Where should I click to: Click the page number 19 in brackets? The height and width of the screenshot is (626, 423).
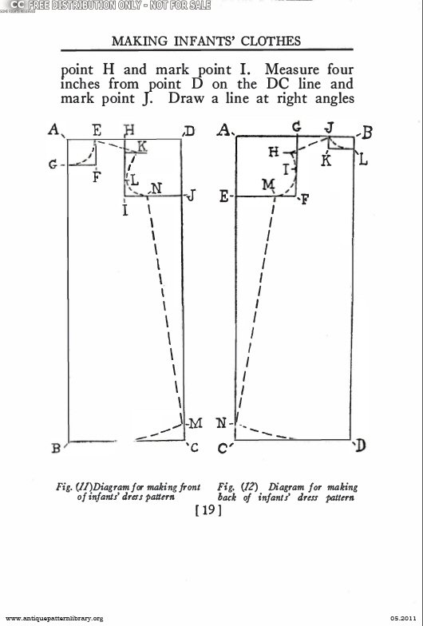coord(208,509)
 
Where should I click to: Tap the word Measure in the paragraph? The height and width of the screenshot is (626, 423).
coord(292,69)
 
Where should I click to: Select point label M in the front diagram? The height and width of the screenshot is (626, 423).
coord(196,423)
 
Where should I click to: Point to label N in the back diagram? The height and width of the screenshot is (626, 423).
coord(222,423)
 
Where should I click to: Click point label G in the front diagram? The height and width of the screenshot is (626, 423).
coord(53,164)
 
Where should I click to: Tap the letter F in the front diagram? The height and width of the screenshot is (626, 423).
coord(96,176)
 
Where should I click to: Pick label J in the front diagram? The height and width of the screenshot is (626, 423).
coord(192,196)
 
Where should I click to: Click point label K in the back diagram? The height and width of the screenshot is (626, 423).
coord(327,160)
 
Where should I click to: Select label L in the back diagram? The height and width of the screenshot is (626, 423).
coord(363,160)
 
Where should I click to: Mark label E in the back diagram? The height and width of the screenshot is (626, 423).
coord(223,196)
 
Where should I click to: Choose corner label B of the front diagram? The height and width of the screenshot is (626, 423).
coord(56,449)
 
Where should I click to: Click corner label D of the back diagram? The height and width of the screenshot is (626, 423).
coord(360,446)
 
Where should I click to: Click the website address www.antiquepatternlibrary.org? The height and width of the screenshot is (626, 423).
coord(54,619)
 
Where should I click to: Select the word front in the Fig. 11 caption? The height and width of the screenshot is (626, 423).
coord(190,487)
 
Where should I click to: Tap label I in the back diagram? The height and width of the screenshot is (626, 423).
coord(286,170)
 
